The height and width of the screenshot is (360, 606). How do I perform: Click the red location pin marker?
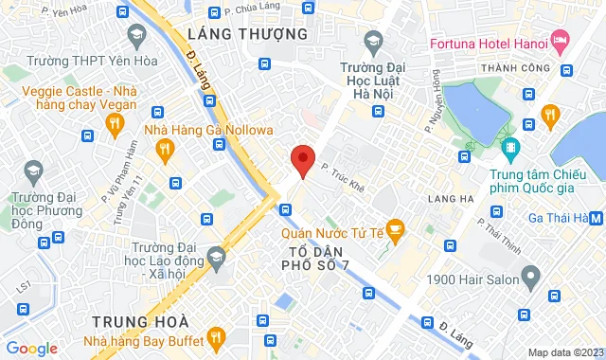click(303, 160)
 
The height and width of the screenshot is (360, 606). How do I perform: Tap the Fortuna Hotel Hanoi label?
click(488, 44)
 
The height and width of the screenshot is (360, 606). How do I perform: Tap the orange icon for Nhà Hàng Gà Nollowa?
click(165, 147)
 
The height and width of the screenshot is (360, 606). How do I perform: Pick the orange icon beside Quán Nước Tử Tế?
click(396, 226)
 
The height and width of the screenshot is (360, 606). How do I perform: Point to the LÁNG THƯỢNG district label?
click(248, 34)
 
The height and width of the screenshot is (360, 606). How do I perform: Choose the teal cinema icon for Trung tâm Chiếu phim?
click(510, 147)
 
